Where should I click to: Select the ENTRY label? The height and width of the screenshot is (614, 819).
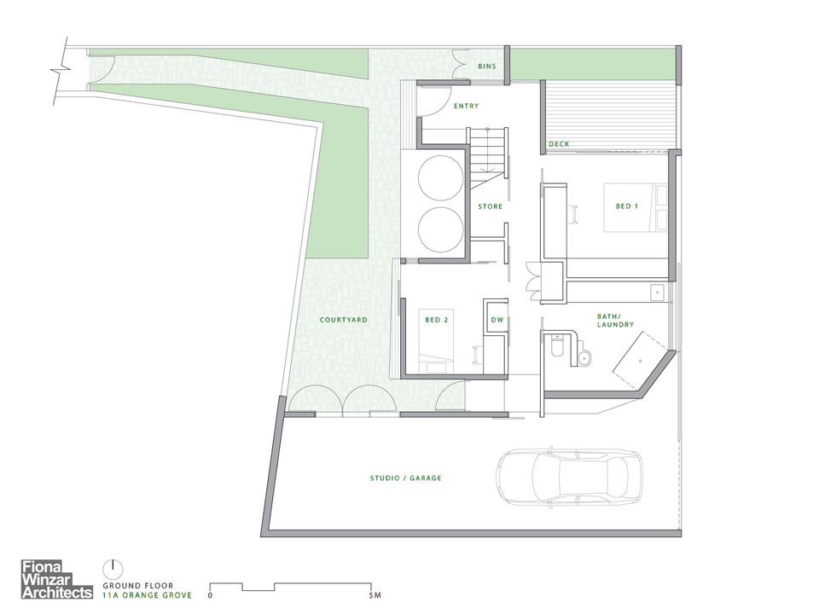point(466,107)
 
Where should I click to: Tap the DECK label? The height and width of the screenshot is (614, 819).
point(559,144)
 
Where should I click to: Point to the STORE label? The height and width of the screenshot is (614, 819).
point(490,206)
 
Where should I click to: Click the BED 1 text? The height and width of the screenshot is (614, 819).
point(627,206)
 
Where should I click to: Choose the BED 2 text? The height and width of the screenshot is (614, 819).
point(437,320)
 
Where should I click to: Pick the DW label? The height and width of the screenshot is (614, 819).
point(497,320)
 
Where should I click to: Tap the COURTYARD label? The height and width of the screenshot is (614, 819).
point(343,320)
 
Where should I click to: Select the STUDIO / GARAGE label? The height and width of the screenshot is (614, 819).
point(405,478)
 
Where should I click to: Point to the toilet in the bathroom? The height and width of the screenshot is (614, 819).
point(558,347)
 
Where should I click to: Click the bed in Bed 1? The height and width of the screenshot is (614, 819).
point(635,206)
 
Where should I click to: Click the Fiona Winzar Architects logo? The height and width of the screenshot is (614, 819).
point(56,579)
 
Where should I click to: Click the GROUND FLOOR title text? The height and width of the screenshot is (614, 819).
point(139,586)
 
